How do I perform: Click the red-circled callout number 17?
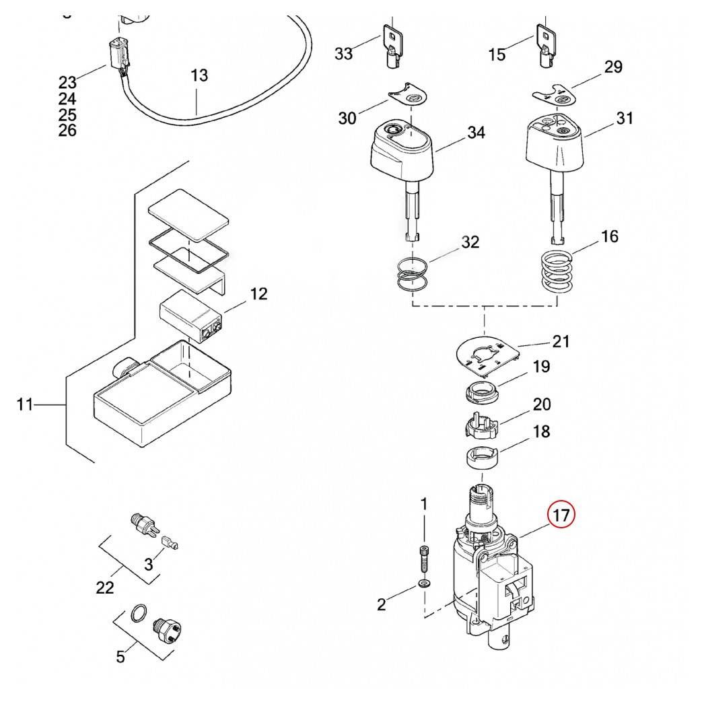(x=561, y=514)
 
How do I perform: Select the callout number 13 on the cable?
(x=199, y=75)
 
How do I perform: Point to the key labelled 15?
(x=547, y=46)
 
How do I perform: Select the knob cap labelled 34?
(x=402, y=149)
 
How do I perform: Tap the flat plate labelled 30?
(x=408, y=94)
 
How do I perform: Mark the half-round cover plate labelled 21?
(x=487, y=355)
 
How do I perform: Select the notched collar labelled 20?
(x=481, y=425)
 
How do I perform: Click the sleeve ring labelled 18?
(x=481, y=458)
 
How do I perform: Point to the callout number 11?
(x=25, y=404)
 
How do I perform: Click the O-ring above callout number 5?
(x=138, y=613)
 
